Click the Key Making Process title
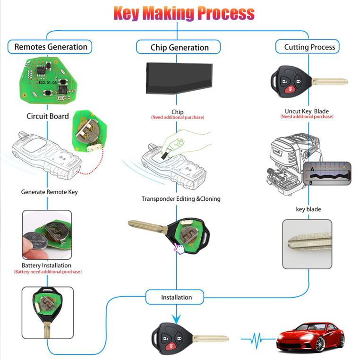coord(184,13)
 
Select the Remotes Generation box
coord(50,47)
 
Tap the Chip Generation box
coord(179,47)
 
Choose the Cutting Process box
coord(307,47)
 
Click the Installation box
coord(175,297)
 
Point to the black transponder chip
coord(180,78)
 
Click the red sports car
coord(310,337)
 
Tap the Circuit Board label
coord(48,116)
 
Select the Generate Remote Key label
coord(49,192)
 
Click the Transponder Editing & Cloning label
coord(181,199)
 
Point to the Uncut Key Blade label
coord(307,111)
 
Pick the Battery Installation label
coord(46,266)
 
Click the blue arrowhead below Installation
coord(176,319)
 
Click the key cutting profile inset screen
coord(327,173)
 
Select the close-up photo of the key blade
coord(307,244)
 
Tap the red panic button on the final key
coord(170,346)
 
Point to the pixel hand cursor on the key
coord(179,249)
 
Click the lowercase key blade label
coord(309,209)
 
